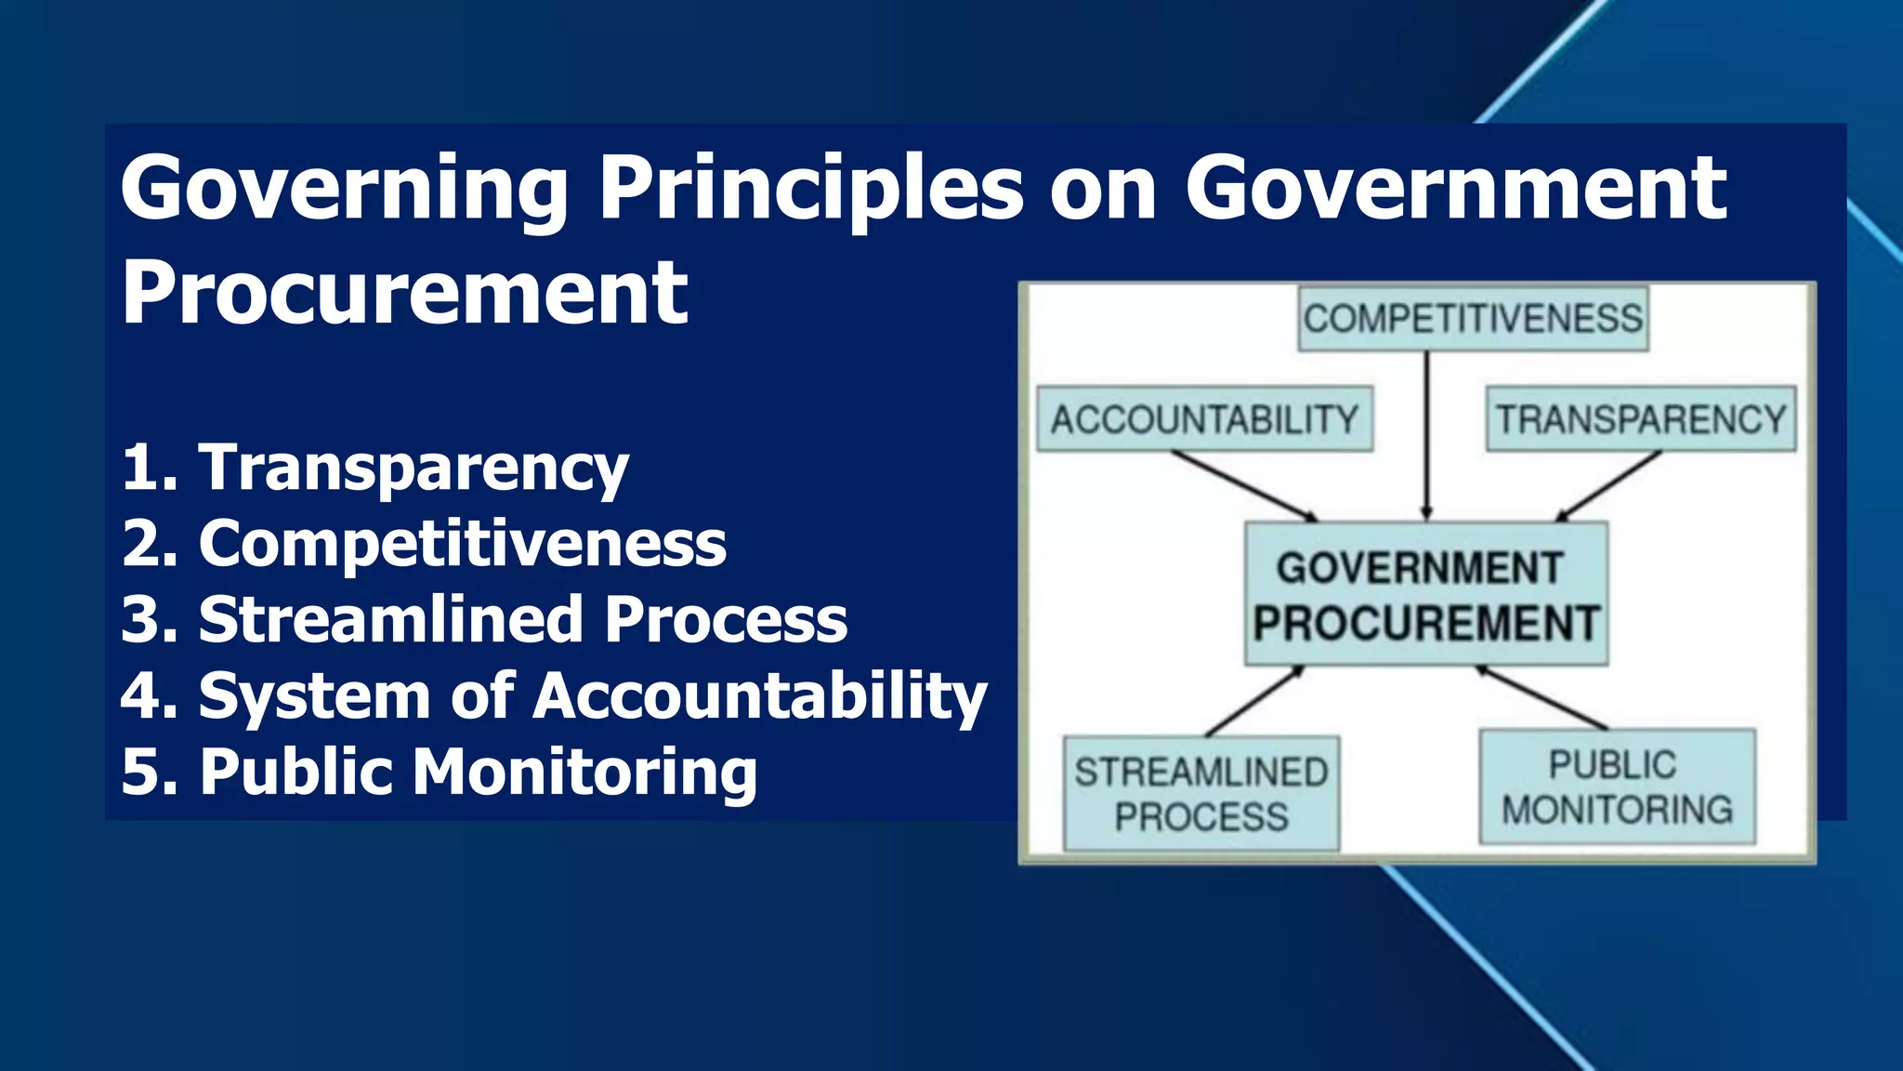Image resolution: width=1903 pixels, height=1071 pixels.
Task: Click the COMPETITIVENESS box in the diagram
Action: (x=1473, y=319)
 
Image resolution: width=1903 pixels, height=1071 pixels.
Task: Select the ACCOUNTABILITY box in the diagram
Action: (x=1204, y=419)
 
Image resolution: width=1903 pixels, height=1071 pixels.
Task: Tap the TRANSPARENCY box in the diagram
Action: (x=1640, y=419)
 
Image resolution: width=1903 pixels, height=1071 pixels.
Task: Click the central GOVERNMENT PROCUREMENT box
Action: (x=1425, y=594)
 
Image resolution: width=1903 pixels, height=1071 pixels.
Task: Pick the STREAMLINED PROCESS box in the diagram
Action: (x=1201, y=794)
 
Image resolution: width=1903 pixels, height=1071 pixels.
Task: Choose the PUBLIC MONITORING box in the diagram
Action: (x=1617, y=787)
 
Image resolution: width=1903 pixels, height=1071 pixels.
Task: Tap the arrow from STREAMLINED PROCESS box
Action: (x=1254, y=701)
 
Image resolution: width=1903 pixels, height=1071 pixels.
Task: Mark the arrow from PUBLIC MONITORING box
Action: (x=1542, y=697)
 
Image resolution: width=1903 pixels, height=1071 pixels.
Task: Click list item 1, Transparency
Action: (x=375, y=467)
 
